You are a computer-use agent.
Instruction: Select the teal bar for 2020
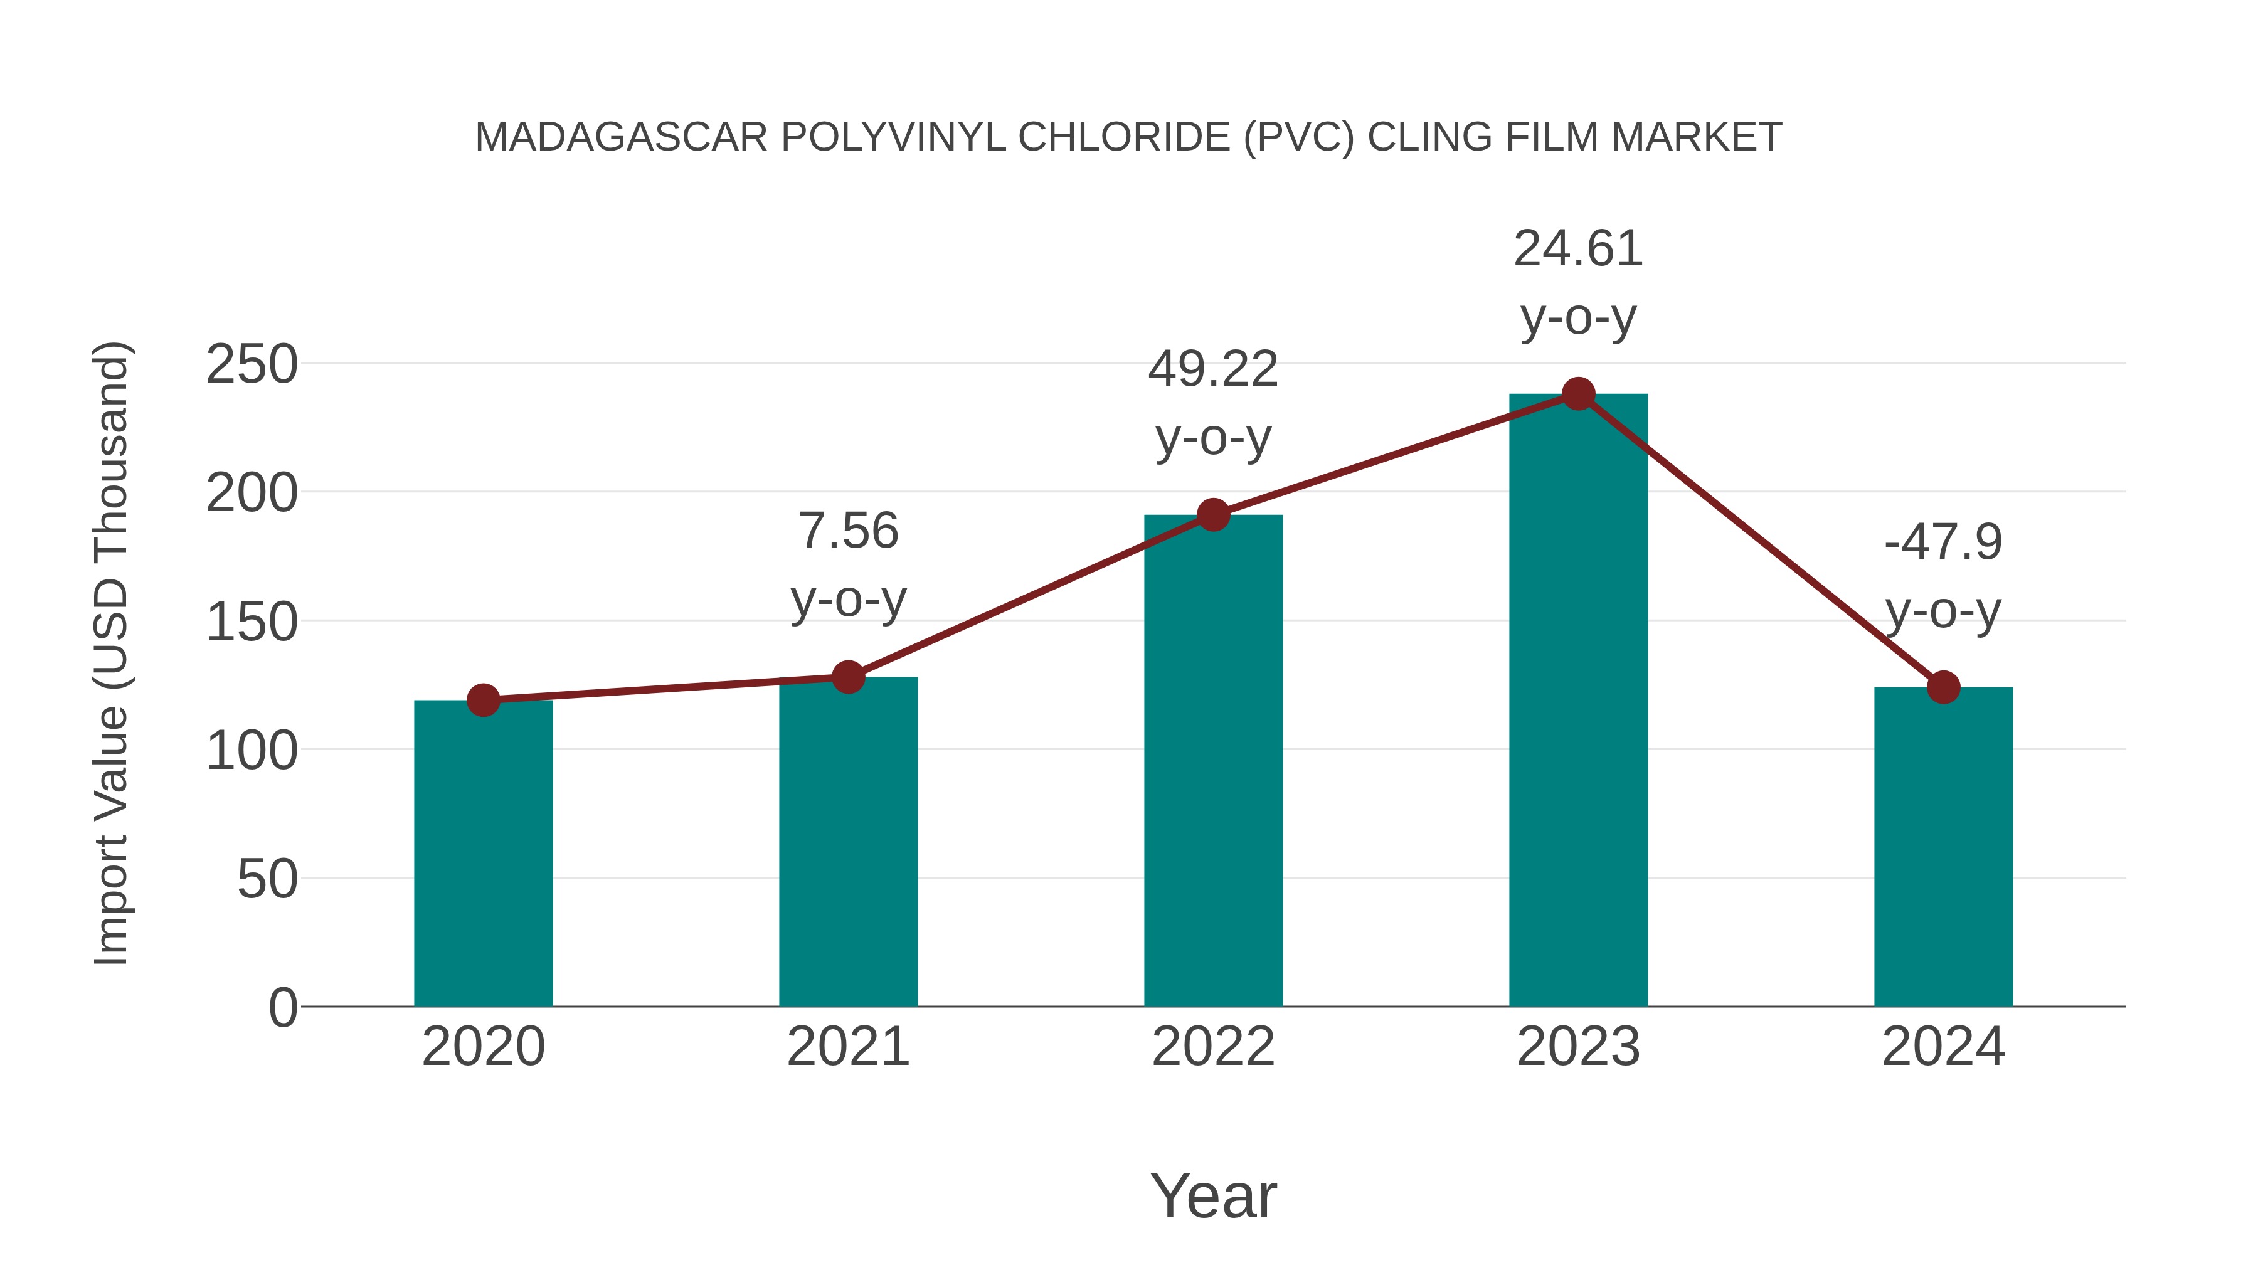coord(483,855)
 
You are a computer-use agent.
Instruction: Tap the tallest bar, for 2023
coord(1578,701)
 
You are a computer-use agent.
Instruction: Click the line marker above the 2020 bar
coord(483,701)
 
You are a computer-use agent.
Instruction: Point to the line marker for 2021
coord(847,677)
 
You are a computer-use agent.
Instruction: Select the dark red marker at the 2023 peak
coord(1578,394)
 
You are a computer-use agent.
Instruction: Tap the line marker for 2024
coord(1943,688)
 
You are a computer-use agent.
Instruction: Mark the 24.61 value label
coord(1578,249)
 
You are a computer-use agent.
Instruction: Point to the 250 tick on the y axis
coord(252,364)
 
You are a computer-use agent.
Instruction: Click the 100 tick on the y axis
coord(252,751)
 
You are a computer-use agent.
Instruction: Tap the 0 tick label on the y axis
coord(282,1008)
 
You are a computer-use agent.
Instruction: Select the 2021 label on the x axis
coord(847,1047)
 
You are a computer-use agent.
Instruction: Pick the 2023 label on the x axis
coord(1578,1047)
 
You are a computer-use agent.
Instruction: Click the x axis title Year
coord(1213,1195)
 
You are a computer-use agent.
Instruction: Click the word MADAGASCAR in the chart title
coord(620,137)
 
